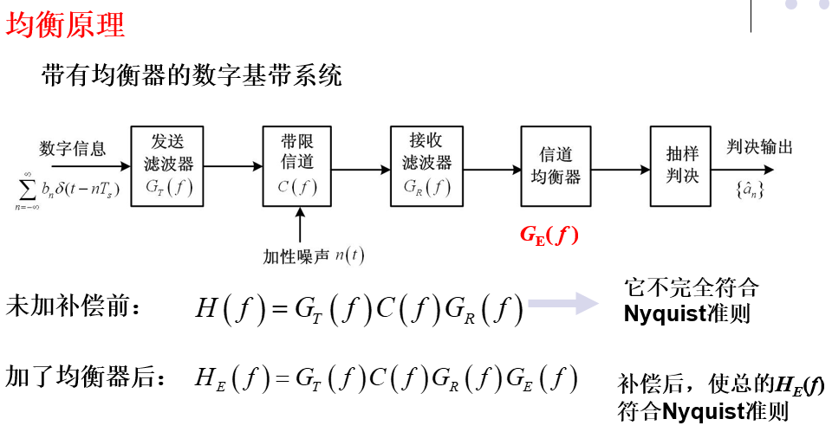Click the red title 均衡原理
tap(66, 23)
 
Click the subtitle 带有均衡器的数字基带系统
tap(192, 76)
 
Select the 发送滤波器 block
tap(166, 165)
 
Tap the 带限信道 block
tap(297, 165)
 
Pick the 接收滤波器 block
tap(426, 165)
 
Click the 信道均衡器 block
tap(556, 165)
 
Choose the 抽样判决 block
tap(682, 165)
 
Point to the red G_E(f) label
tap(549, 234)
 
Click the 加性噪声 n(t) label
tap(313, 256)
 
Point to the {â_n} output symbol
tap(748, 186)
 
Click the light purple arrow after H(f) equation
tap(563, 304)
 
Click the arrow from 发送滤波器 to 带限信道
tap(232, 166)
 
